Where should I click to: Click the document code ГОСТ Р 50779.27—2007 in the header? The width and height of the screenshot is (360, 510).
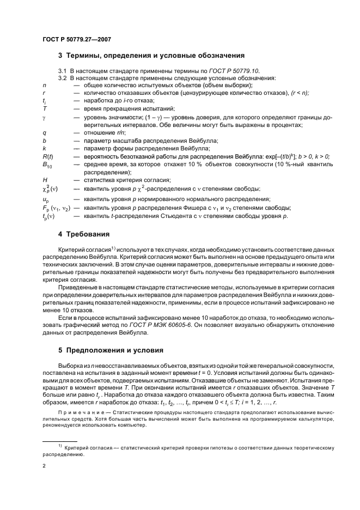[x=76, y=39]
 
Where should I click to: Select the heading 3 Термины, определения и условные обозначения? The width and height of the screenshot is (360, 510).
[x=151, y=56]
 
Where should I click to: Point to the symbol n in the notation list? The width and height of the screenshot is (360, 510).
[x=44, y=86]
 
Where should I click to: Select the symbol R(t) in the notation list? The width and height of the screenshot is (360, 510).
[x=47, y=156]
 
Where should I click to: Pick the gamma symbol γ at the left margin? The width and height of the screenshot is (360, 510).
[x=44, y=118]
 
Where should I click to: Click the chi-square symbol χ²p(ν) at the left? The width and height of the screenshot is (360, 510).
[x=50, y=189]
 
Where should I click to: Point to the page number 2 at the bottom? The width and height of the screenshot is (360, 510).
[x=44, y=466]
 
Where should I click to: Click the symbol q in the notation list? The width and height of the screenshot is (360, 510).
[x=44, y=133]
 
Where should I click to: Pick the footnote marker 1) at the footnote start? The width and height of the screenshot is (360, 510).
[x=59, y=446]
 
